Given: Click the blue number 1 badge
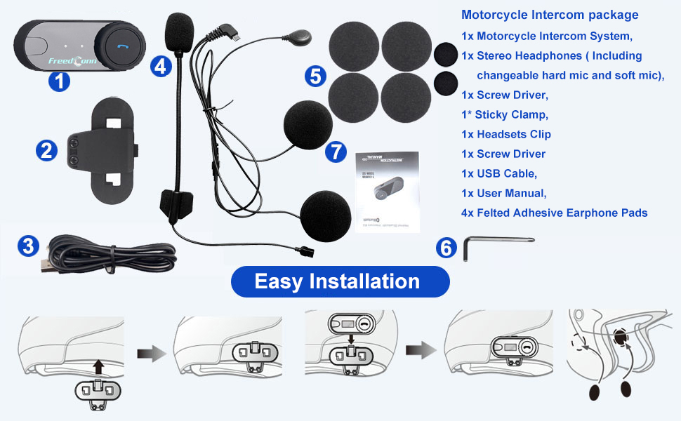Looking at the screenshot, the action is pos(60,81).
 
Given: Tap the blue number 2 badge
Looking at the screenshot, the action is pos(47,150).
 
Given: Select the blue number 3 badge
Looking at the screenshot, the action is pos(27,246).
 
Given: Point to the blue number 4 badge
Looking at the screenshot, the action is pos(161,67).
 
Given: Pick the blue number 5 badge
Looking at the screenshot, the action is pos(316,75).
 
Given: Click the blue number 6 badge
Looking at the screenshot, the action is pos(446,247).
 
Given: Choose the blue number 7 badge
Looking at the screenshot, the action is pos(336,151).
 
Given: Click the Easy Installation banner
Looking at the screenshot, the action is pos(340,281).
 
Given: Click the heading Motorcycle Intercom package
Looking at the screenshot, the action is pos(550,15).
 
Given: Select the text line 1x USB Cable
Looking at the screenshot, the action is pos(498,173).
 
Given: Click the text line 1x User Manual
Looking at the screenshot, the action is pos(503,193).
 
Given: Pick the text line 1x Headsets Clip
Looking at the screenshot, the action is pos(505,134).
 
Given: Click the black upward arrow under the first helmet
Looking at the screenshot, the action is pos(99,366).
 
